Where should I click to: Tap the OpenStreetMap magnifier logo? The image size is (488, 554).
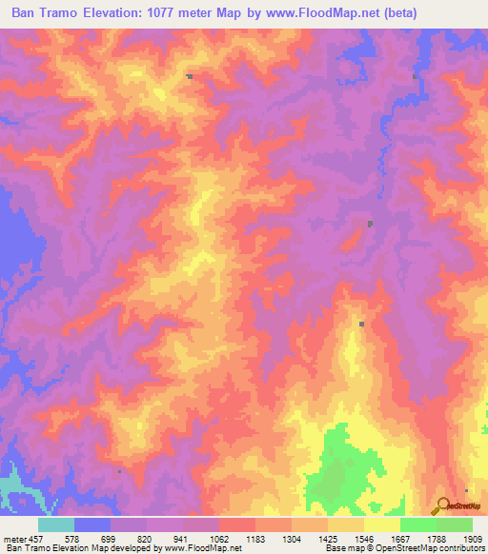[440, 507]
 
